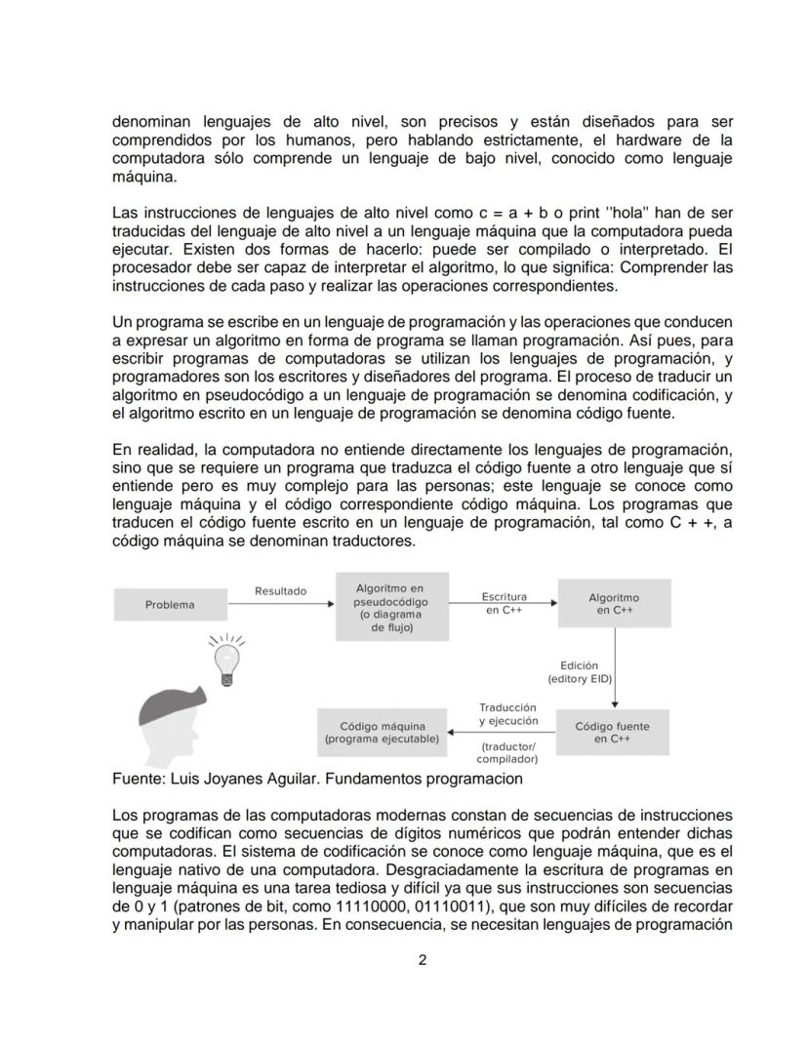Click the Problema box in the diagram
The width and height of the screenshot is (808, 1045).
tap(170, 605)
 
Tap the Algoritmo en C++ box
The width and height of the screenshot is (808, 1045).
tap(614, 604)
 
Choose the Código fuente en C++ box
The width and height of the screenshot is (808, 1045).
tap(612, 733)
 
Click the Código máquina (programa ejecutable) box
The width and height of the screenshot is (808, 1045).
tap(382, 733)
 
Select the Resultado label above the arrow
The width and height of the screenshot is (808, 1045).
tap(280, 591)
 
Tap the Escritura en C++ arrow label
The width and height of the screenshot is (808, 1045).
tap(504, 603)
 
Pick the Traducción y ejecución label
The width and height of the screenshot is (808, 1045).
tap(507, 714)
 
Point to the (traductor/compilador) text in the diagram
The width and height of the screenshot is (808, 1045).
tap(507, 752)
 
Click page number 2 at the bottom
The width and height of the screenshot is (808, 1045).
tap(423, 960)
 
